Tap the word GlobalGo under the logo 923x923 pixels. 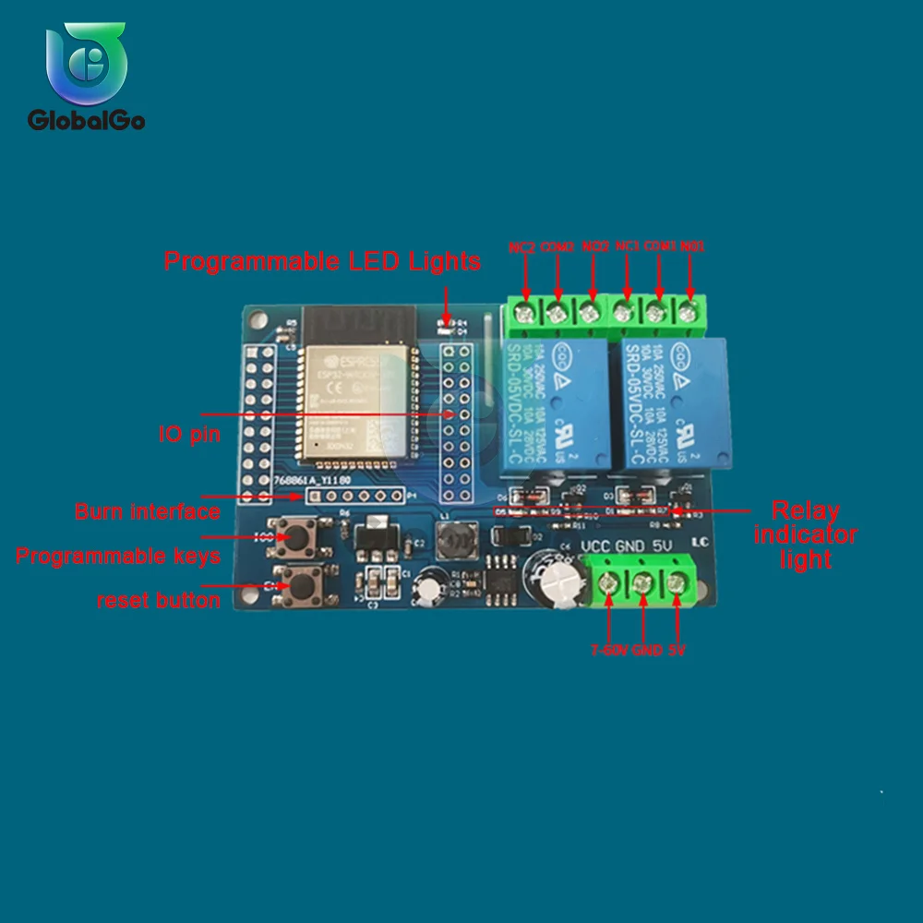pyautogui.click(x=86, y=120)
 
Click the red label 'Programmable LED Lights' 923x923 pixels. pyautogui.click(x=322, y=261)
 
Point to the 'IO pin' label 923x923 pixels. pyautogui.click(x=189, y=434)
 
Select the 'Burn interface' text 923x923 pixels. pyautogui.click(x=148, y=511)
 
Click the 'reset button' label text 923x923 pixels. pyautogui.click(x=159, y=601)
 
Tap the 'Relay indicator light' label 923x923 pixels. pyautogui.click(x=806, y=535)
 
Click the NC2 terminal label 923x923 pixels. pyautogui.click(x=522, y=247)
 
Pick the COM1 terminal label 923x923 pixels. pyautogui.click(x=659, y=247)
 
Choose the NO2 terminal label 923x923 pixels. pyautogui.click(x=595, y=247)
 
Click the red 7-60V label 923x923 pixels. pyautogui.click(x=609, y=651)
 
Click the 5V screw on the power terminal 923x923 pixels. pyautogui.click(x=677, y=583)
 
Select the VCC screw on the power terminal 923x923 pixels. pyautogui.click(x=609, y=583)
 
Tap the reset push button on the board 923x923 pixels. pyautogui.click(x=299, y=584)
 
